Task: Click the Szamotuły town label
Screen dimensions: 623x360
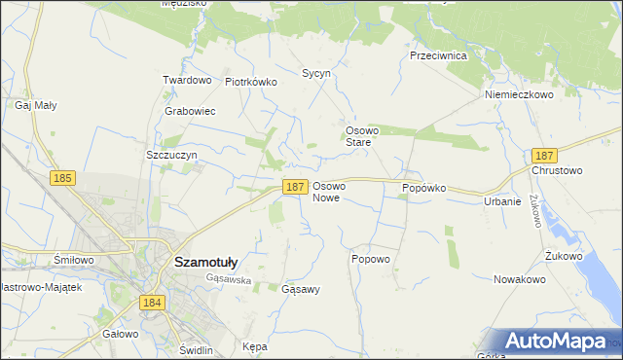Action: pyautogui.click(x=211, y=261)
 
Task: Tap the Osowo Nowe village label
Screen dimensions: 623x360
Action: pyautogui.click(x=329, y=192)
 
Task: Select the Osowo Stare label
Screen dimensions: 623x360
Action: pyautogui.click(x=360, y=135)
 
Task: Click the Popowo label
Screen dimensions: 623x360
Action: pyautogui.click(x=370, y=260)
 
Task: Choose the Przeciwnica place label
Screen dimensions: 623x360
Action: pyautogui.click(x=439, y=56)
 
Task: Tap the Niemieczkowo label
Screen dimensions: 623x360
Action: pyautogui.click(x=519, y=95)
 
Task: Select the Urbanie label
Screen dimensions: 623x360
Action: pyautogui.click(x=503, y=202)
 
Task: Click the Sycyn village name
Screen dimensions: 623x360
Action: pyautogui.click(x=316, y=73)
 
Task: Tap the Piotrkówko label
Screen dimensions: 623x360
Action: pyautogui.click(x=251, y=83)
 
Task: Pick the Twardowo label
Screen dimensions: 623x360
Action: pyautogui.click(x=187, y=80)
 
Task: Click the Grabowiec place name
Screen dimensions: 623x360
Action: pyautogui.click(x=190, y=111)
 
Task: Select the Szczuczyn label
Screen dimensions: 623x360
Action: pyautogui.click(x=171, y=155)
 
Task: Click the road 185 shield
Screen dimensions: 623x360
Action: pyautogui.click(x=63, y=178)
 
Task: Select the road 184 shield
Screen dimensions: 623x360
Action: pyautogui.click(x=151, y=304)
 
